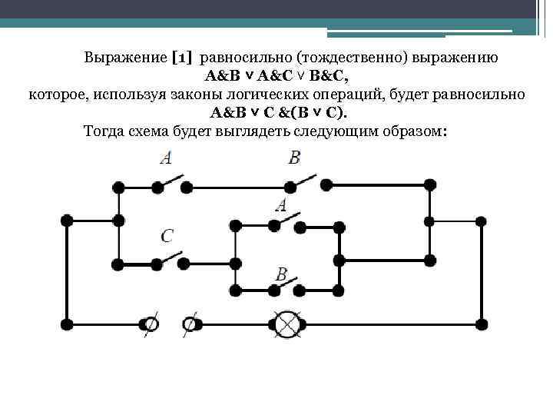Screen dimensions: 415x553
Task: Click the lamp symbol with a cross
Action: (x=287, y=324)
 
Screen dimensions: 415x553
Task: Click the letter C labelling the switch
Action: (x=167, y=236)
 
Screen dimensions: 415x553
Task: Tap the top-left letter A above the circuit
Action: (x=166, y=158)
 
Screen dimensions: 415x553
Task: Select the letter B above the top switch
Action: (x=295, y=158)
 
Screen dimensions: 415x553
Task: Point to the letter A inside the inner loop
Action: (x=281, y=205)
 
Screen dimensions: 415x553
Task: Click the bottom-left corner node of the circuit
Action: (x=67, y=324)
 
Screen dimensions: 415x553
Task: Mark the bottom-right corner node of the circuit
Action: (x=482, y=324)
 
